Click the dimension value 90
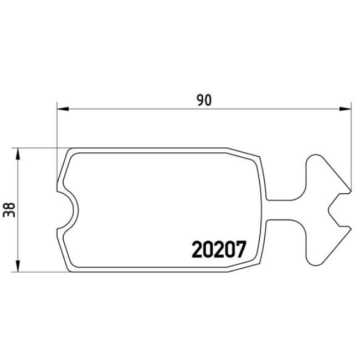point(204,100)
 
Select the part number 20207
point(218,250)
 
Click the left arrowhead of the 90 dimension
point(61,109)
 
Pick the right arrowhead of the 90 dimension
point(348,109)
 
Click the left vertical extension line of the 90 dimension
point(57,144)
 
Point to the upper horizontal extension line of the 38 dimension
point(39,148)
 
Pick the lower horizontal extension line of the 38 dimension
point(39,272)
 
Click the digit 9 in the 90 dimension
point(200,100)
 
